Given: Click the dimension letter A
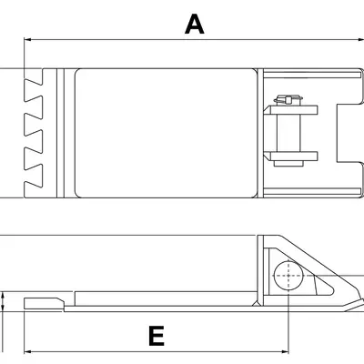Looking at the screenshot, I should click(193, 24).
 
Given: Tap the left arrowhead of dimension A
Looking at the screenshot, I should click(27, 40).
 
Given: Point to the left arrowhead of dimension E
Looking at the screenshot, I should click(27, 349).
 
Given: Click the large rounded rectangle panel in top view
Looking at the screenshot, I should click(164, 133).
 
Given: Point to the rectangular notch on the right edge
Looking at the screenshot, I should click(347, 133).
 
